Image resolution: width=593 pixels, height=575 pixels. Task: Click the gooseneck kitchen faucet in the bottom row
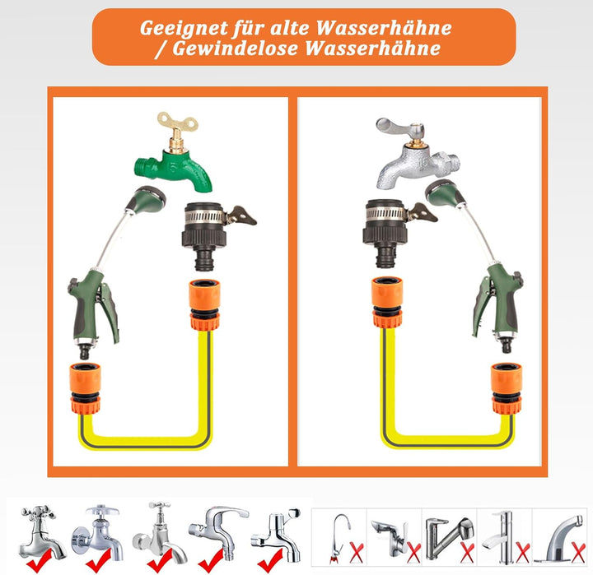(x=338, y=535)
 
